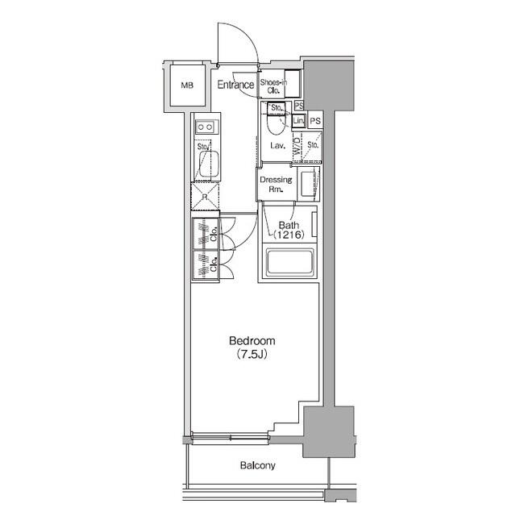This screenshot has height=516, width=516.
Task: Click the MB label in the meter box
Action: (x=187, y=85)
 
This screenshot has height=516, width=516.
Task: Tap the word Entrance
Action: (x=235, y=85)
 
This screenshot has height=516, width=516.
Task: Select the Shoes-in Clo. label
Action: (x=273, y=85)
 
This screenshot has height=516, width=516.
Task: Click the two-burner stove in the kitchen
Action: (x=204, y=127)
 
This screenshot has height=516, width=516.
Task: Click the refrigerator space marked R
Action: (x=203, y=196)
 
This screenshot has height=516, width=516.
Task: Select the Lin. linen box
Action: (x=298, y=121)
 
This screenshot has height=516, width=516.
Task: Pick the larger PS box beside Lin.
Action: (x=314, y=121)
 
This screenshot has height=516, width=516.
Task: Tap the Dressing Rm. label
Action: (x=275, y=185)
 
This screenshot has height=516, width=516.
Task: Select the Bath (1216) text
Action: (x=288, y=230)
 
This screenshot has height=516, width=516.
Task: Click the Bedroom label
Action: (x=253, y=340)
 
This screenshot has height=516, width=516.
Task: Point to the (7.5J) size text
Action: (x=253, y=354)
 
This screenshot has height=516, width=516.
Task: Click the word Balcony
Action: (x=257, y=465)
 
